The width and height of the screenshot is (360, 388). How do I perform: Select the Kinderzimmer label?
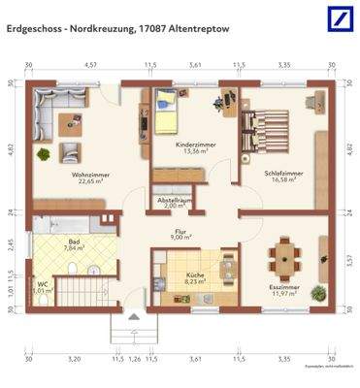tap(195, 145)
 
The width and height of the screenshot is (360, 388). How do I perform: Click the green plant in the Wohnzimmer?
tap(44, 153)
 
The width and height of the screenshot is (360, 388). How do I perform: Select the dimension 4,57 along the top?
tap(90, 65)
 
